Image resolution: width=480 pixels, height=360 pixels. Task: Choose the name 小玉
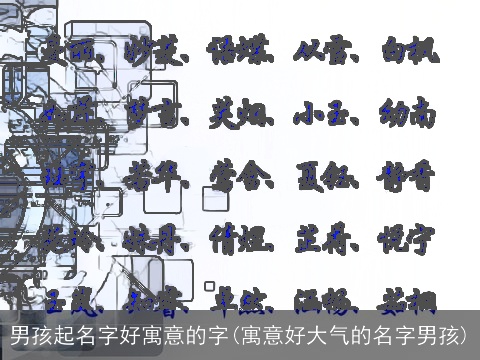(x=324, y=114)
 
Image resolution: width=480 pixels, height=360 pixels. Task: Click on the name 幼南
(x=409, y=114)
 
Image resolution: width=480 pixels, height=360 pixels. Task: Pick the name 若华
(x=155, y=179)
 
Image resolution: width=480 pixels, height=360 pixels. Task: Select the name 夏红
(x=324, y=179)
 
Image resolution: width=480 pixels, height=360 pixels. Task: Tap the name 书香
(x=409, y=179)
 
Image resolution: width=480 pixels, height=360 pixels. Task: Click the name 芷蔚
(x=324, y=240)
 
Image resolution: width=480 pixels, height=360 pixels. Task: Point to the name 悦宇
(x=409, y=240)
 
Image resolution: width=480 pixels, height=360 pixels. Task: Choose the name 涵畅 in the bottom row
(x=324, y=299)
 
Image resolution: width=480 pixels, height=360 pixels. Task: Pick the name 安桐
(x=409, y=299)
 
